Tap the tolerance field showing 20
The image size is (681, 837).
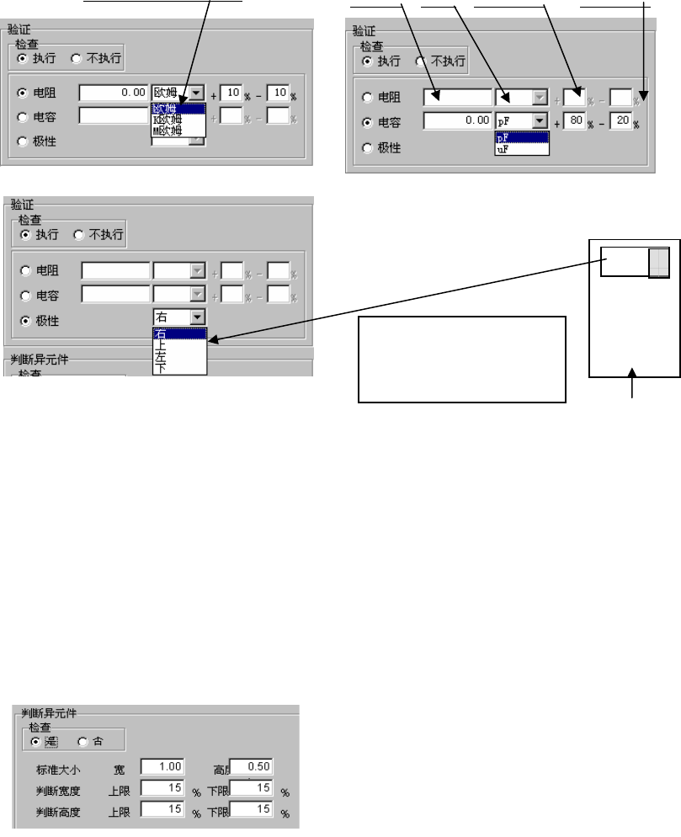[621, 121]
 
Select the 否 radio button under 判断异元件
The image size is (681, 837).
[82, 741]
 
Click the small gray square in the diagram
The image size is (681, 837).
[659, 263]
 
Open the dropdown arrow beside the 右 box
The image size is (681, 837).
[197, 317]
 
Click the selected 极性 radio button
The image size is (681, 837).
[24, 322]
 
